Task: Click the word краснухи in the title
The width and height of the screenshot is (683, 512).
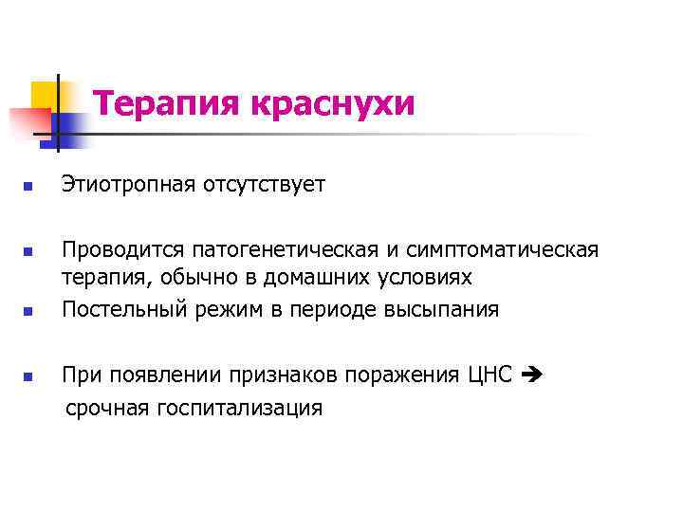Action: coord(333,103)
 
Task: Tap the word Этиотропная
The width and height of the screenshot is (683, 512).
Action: coord(130,185)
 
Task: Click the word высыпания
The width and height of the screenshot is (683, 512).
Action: coord(442,310)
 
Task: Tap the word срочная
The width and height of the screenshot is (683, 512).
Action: coord(107,409)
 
